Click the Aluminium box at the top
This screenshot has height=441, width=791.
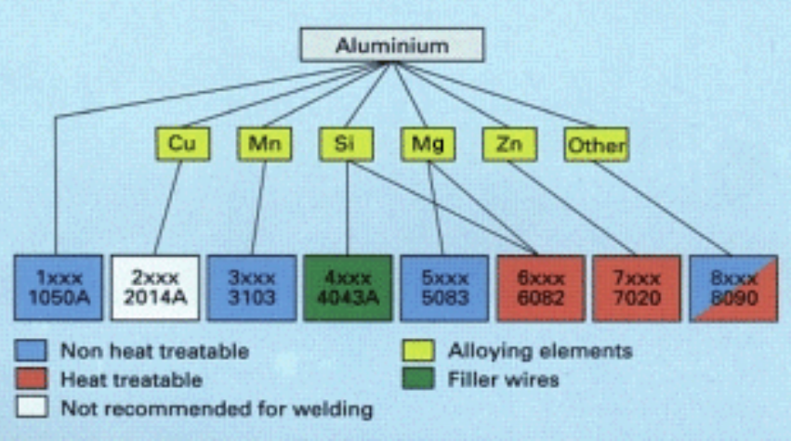pos(391,45)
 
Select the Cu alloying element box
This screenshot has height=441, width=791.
pos(182,144)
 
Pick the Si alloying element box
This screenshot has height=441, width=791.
pos(346,144)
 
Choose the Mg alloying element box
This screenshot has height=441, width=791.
pos(428,144)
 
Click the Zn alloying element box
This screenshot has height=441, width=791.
pos(508,144)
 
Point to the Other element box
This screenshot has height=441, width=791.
pos(595,145)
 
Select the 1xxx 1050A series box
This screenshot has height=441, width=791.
pos(59,288)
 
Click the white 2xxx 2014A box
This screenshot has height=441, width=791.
pos(154,288)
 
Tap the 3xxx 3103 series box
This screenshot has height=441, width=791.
pos(251,288)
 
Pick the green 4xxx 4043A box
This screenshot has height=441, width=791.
pos(348,288)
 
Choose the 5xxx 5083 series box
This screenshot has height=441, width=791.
pos(444,288)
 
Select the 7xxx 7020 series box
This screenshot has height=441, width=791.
pos(636,288)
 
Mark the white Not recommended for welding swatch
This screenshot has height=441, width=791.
pos(31,408)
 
